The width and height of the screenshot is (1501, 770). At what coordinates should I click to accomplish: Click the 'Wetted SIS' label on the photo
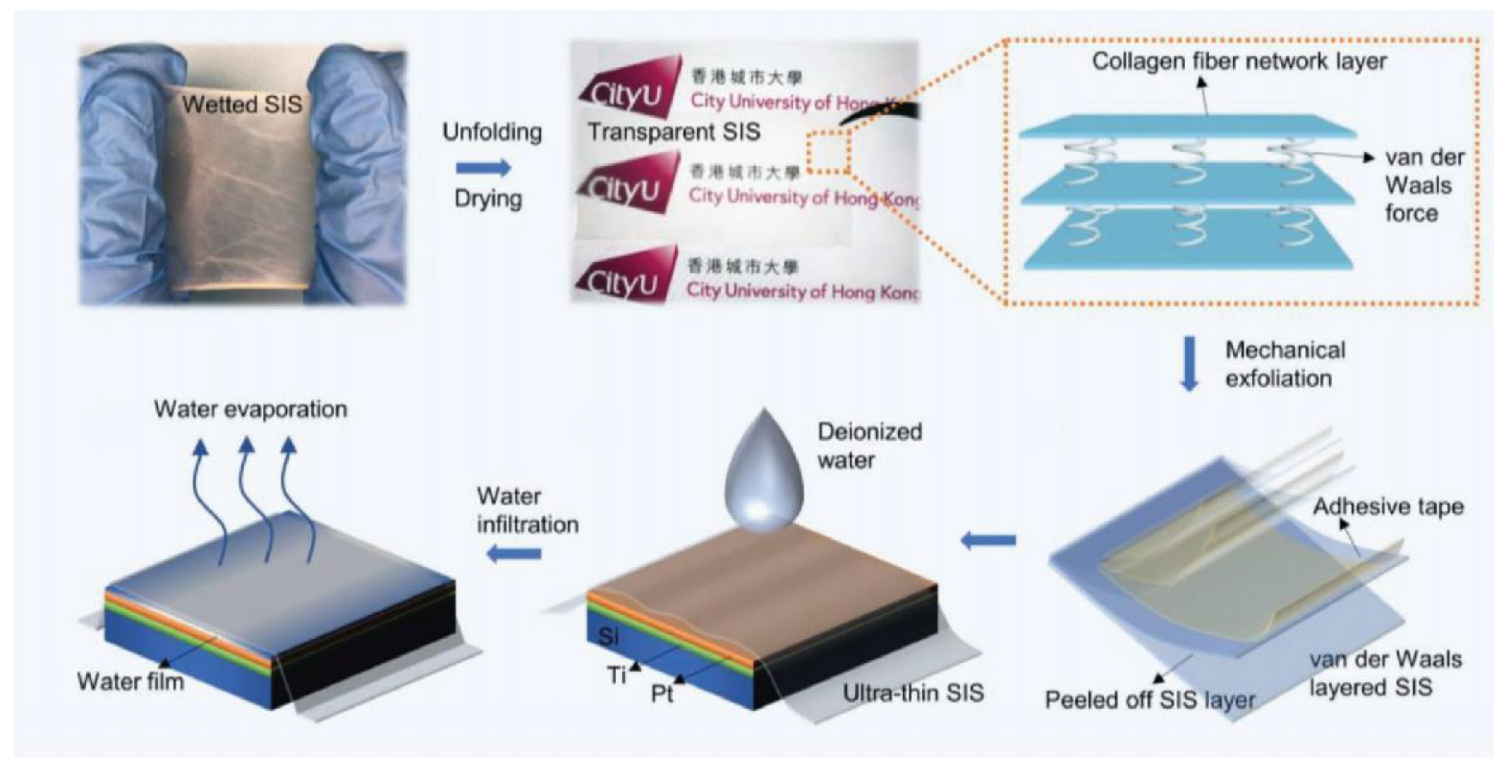point(242,105)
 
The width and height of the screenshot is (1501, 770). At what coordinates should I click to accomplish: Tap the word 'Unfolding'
point(492,132)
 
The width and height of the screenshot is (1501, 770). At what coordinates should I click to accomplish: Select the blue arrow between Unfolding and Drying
point(483,168)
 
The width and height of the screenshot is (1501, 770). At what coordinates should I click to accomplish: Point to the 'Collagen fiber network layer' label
point(1239,61)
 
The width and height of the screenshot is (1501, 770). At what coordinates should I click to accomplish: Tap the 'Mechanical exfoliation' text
point(1285,364)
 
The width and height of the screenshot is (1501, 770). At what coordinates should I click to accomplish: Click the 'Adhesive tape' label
point(1388,507)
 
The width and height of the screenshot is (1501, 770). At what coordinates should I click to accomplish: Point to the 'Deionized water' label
point(869,446)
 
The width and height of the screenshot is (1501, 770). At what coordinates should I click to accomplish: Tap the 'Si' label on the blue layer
point(608,636)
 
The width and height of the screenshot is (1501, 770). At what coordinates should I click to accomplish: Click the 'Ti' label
point(616,676)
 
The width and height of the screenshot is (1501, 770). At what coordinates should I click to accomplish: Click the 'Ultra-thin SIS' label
point(913,692)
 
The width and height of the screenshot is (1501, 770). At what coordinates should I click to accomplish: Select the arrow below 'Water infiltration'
point(514,553)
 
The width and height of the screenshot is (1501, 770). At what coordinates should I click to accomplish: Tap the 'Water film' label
point(131,681)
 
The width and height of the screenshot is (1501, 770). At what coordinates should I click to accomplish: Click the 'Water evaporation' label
point(251,409)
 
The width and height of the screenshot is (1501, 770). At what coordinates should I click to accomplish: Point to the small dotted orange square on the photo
point(828,152)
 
